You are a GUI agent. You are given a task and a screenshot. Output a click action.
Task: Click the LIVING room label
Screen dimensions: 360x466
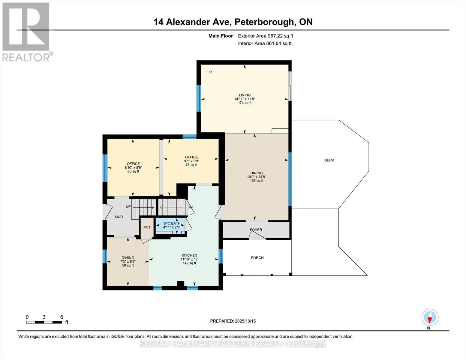(245, 95)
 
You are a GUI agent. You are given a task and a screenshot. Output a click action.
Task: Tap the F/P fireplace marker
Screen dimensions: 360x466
(209, 72)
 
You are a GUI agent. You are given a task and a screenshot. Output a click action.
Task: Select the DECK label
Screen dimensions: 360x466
(329, 160)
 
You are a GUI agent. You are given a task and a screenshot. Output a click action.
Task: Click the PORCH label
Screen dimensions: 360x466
(257, 258)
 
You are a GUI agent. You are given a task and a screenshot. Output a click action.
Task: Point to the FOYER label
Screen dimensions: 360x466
(256, 230)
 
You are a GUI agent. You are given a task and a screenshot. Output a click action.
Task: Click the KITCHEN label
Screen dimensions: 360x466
(189, 255)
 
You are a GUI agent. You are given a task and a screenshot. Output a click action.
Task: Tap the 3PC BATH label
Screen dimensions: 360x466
(172, 223)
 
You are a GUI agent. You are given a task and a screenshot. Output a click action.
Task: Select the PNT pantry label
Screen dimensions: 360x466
(147, 227)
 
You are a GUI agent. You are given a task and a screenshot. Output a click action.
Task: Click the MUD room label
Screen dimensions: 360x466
(119, 217)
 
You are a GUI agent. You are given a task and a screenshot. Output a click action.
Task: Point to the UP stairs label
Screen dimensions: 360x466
(128, 207)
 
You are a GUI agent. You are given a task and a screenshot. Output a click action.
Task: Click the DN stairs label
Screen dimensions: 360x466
(190, 207)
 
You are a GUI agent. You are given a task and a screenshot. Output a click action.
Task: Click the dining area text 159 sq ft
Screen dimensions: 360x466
(257, 181)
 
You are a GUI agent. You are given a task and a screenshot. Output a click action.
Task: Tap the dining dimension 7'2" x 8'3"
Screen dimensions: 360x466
(128, 262)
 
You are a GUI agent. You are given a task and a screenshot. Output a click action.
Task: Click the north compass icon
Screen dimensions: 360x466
(430, 317)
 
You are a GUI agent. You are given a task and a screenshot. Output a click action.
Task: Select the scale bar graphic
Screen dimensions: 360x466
(44, 322)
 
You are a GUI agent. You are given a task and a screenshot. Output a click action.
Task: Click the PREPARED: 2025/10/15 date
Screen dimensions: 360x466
(233, 321)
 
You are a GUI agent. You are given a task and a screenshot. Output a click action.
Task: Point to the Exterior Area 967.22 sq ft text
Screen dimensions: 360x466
(265, 36)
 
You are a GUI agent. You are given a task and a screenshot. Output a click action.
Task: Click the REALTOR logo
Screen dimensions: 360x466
(26, 31)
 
